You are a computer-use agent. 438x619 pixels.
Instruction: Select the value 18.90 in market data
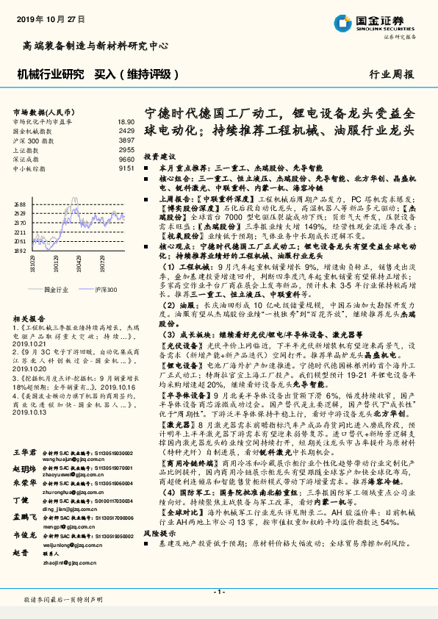click(x=126, y=121)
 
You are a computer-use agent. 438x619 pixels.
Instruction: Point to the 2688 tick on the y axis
click(x=19, y=204)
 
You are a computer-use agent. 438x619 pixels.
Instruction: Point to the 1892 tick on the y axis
click(x=19, y=250)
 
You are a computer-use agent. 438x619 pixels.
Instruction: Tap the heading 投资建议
click(x=159, y=157)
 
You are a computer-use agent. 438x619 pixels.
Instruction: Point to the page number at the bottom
click(x=219, y=592)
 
